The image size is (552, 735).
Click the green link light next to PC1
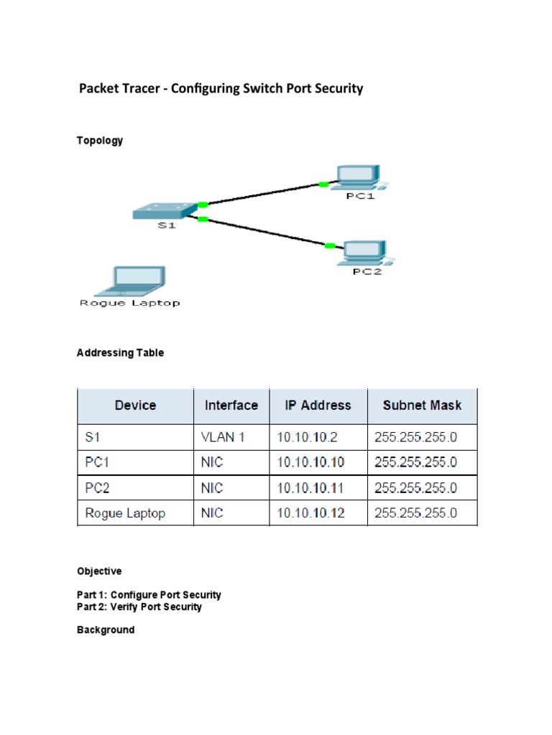(323, 184)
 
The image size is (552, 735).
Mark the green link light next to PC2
(330, 246)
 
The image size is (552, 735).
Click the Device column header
(135, 406)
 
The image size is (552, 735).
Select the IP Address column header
(318, 406)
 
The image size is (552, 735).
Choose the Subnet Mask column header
(422, 406)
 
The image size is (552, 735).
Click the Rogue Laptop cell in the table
(125, 513)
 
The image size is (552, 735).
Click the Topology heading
(100, 141)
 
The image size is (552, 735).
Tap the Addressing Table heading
(120, 353)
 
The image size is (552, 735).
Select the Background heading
(106, 630)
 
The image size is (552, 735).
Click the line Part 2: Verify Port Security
(139, 607)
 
